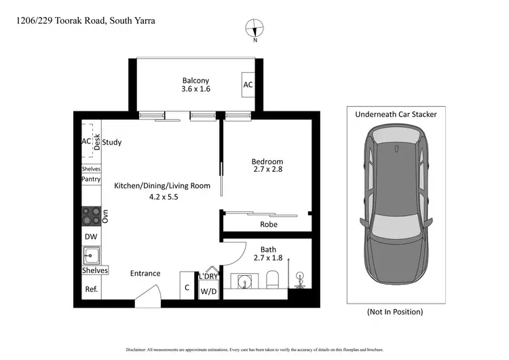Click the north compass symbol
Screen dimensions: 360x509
pos(254,29)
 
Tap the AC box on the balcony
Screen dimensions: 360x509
pos(248,85)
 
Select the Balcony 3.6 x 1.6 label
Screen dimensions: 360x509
pos(196,84)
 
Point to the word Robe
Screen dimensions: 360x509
pos(269,224)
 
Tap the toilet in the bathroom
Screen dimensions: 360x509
pos(273,280)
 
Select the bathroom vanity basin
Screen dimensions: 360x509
pos(242,281)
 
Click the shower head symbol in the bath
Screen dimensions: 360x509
pos(299,278)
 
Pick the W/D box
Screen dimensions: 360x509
pos(208,292)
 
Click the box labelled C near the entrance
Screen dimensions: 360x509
pos(187,287)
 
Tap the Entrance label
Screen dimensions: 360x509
pos(145,274)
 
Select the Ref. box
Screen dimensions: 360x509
pos(90,289)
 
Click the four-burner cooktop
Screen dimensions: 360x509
pos(90,216)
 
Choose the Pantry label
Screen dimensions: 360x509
pos(91,179)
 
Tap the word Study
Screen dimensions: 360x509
pos(112,143)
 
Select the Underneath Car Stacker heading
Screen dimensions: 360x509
pos(396,115)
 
